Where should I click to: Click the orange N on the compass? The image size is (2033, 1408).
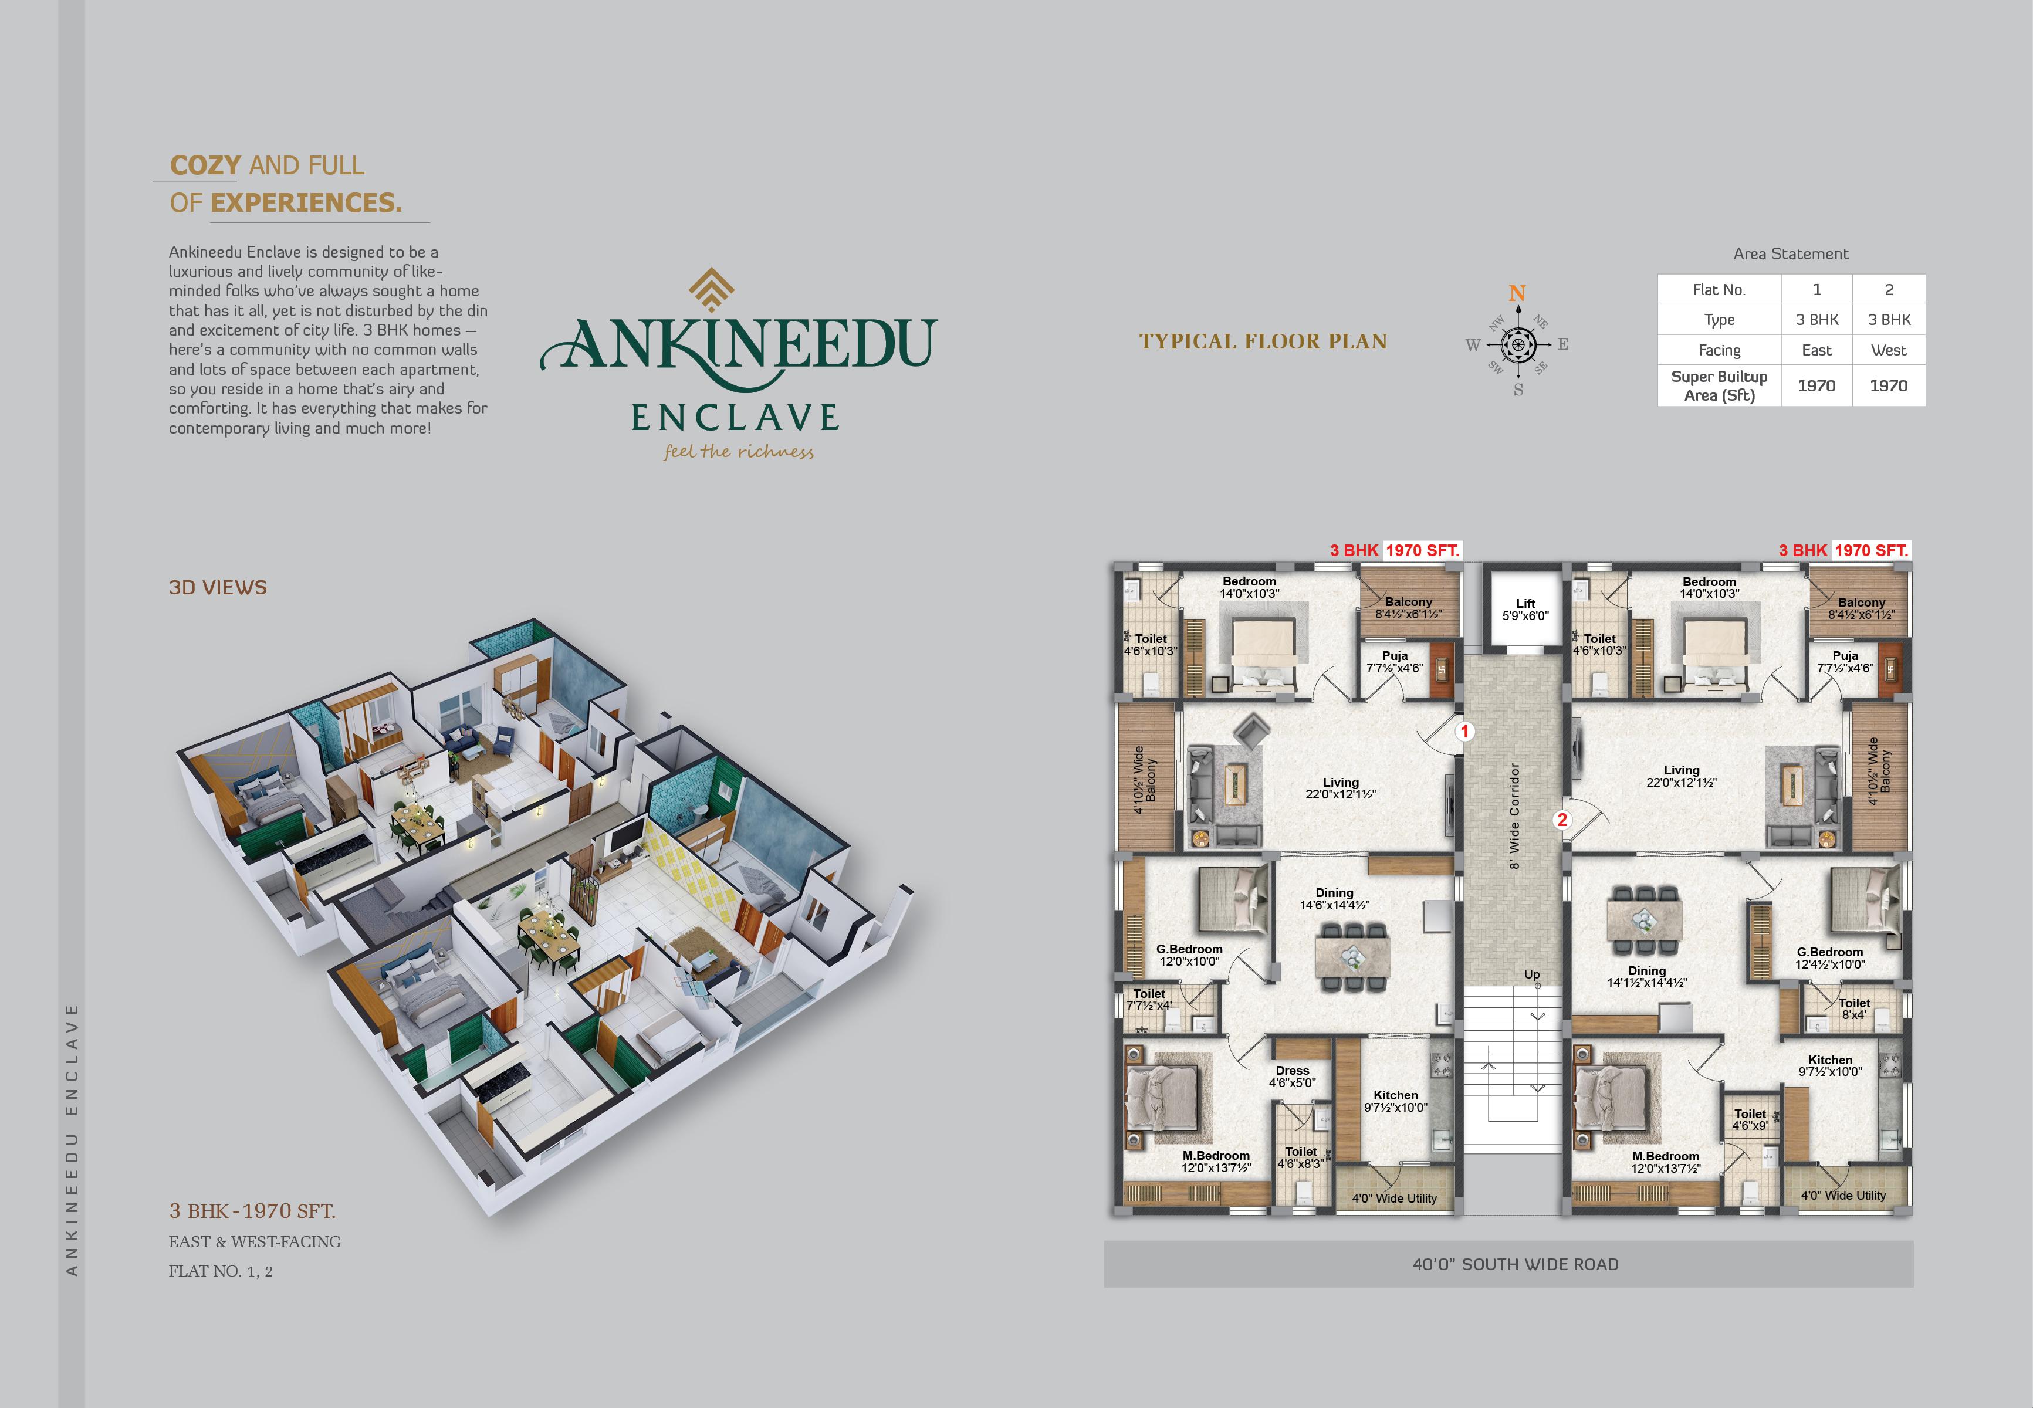[1517, 293]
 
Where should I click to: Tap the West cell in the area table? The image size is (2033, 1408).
[1888, 350]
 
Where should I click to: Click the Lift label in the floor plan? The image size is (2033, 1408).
[1525, 604]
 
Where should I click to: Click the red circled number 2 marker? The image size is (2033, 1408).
[1562, 820]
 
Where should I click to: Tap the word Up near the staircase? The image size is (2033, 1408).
[1532, 975]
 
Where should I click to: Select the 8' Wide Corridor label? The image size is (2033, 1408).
[1515, 816]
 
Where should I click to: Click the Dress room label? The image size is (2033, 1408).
[1292, 1070]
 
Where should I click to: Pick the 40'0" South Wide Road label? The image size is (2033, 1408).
[1516, 1264]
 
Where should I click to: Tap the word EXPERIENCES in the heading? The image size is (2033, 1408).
[306, 203]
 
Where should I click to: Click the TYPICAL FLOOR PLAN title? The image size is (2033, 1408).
[1263, 341]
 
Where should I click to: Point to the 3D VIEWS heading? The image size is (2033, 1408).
[218, 588]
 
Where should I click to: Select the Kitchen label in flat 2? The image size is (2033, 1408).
[1830, 1060]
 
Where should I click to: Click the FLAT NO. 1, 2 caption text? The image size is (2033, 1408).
[221, 1271]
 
